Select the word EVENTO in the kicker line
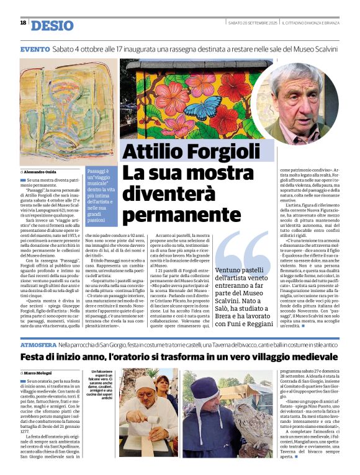[35, 48]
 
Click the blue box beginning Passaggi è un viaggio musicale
[99, 195]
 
